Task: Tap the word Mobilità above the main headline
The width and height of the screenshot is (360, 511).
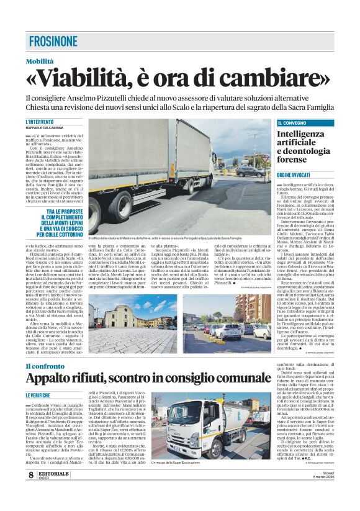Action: pos(40,61)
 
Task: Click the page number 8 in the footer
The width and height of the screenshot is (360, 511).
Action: pos(30,492)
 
